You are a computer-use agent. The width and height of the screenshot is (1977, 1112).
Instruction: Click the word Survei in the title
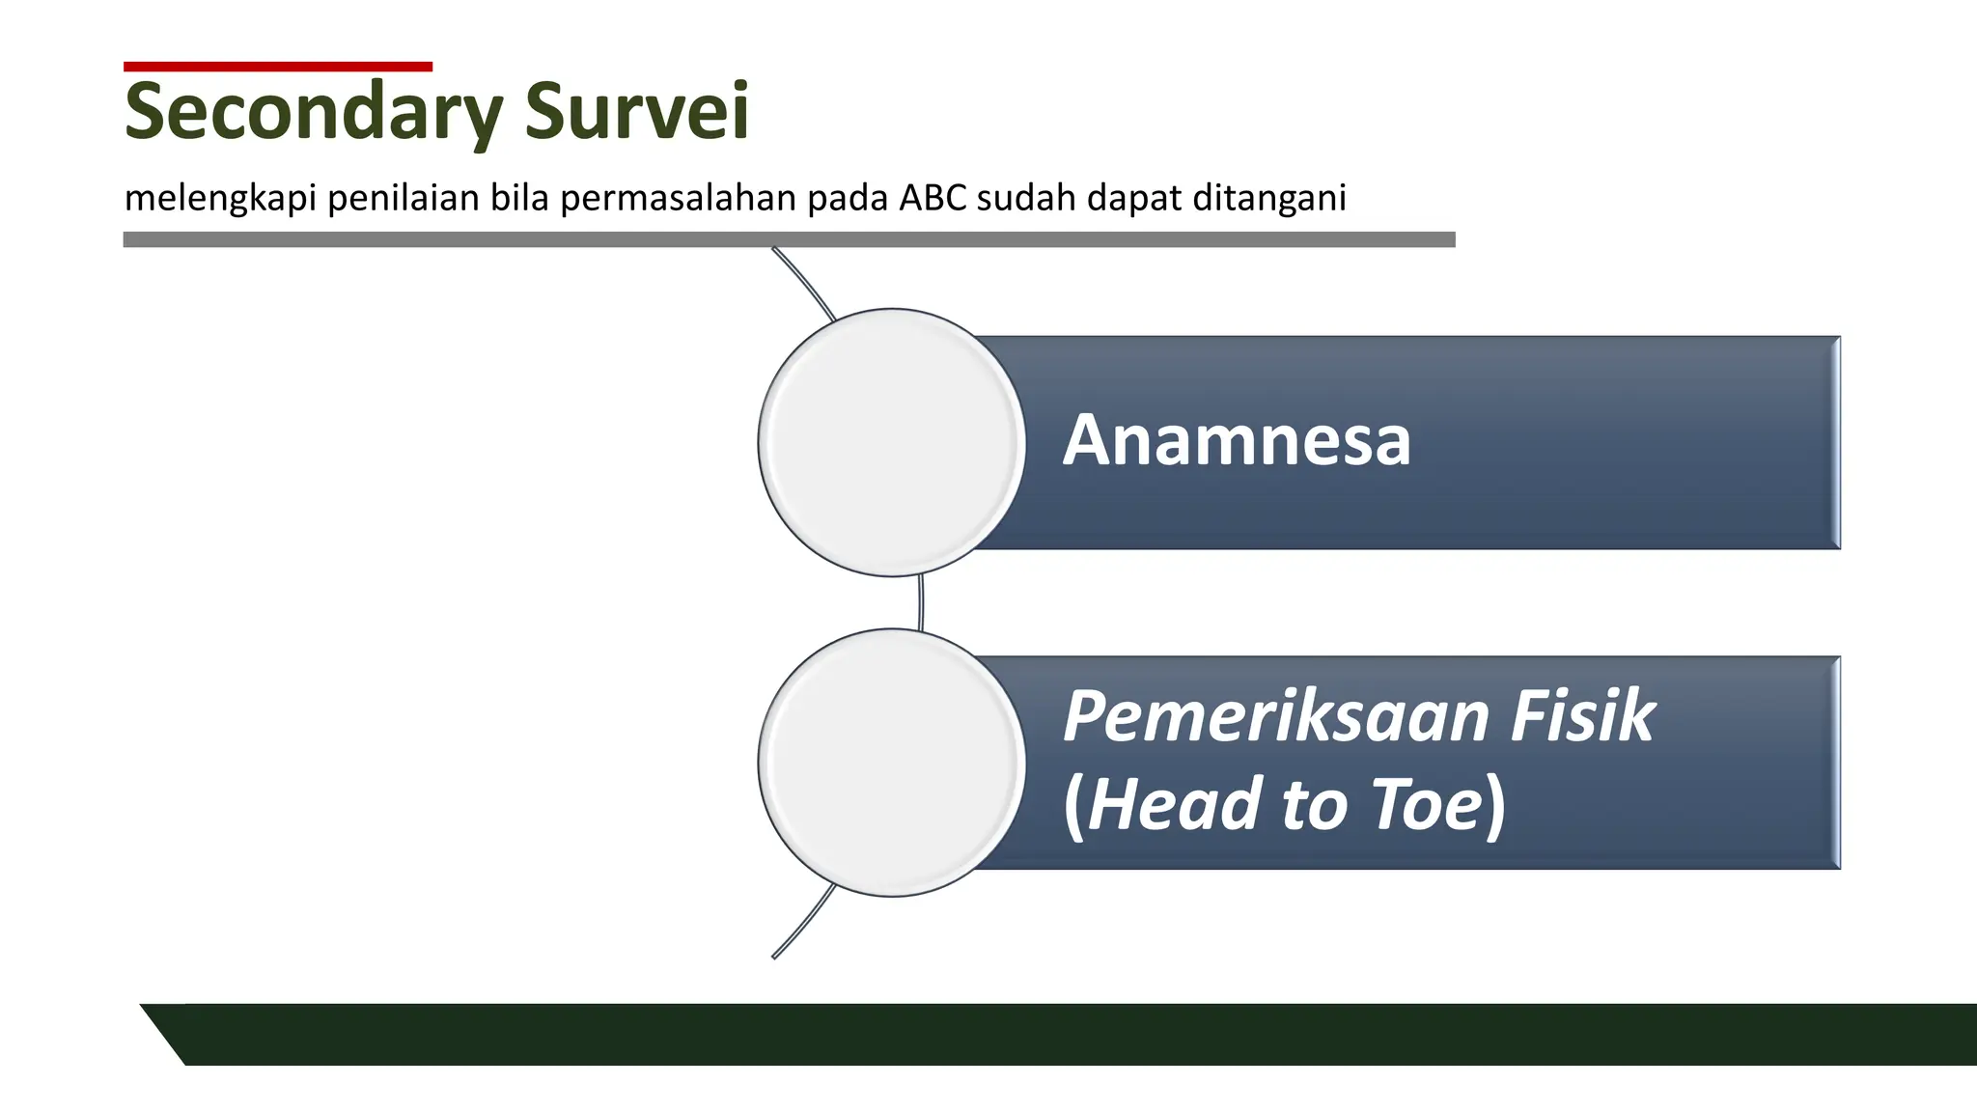(636, 112)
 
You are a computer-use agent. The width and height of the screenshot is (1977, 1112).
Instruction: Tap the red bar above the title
(278, 67)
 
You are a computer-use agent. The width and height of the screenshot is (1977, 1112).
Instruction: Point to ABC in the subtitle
(933, 197)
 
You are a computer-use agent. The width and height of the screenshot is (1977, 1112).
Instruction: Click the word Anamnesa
(1237, 441)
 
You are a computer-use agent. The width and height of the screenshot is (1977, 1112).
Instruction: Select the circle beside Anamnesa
(891, 442)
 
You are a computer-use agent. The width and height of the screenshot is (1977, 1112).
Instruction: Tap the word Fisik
(1582, 716)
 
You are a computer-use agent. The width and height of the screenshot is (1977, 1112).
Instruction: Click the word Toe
(1426, 805)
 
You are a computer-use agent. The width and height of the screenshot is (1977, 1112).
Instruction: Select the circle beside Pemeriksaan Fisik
(891, 763)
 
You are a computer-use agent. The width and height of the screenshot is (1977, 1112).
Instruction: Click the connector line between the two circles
(921, 602)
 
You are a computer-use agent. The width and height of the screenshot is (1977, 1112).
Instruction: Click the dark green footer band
(1062, 1035)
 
